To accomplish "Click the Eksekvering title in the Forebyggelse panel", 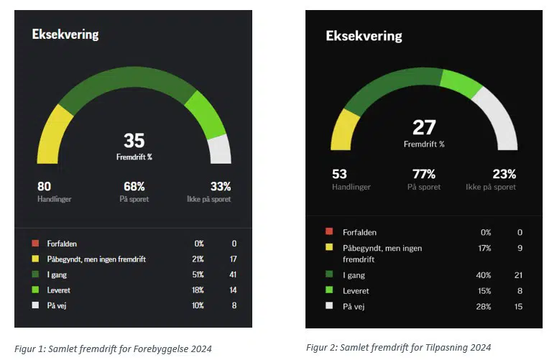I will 65,34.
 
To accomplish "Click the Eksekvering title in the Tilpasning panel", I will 364,36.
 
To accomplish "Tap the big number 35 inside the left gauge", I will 134,140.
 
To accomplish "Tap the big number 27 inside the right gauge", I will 424,128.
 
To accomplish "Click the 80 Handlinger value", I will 45,187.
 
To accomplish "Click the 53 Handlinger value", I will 339,174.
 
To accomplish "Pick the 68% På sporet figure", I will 134,187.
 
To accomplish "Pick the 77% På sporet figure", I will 423,174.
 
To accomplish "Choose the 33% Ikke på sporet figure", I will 220,187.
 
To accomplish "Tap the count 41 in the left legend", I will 232,274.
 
